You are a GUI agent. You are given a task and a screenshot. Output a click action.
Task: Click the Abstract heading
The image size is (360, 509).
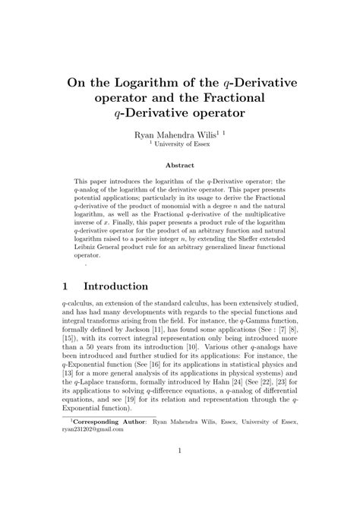[179, 164]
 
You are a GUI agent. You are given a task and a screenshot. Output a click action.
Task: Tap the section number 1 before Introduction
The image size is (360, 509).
[66, 286]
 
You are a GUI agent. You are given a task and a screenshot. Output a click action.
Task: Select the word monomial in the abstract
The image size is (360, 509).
[181, 206]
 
